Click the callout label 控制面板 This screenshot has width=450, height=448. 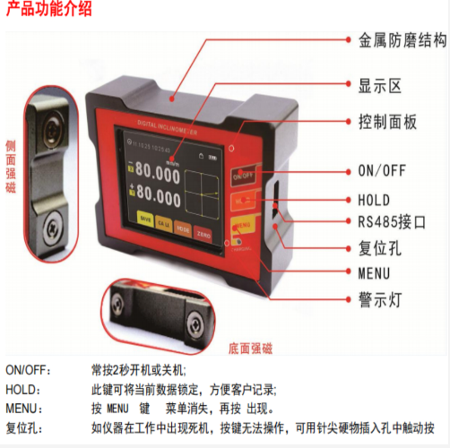387,122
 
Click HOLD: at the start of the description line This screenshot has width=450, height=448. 26,390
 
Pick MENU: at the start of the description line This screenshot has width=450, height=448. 26,409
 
